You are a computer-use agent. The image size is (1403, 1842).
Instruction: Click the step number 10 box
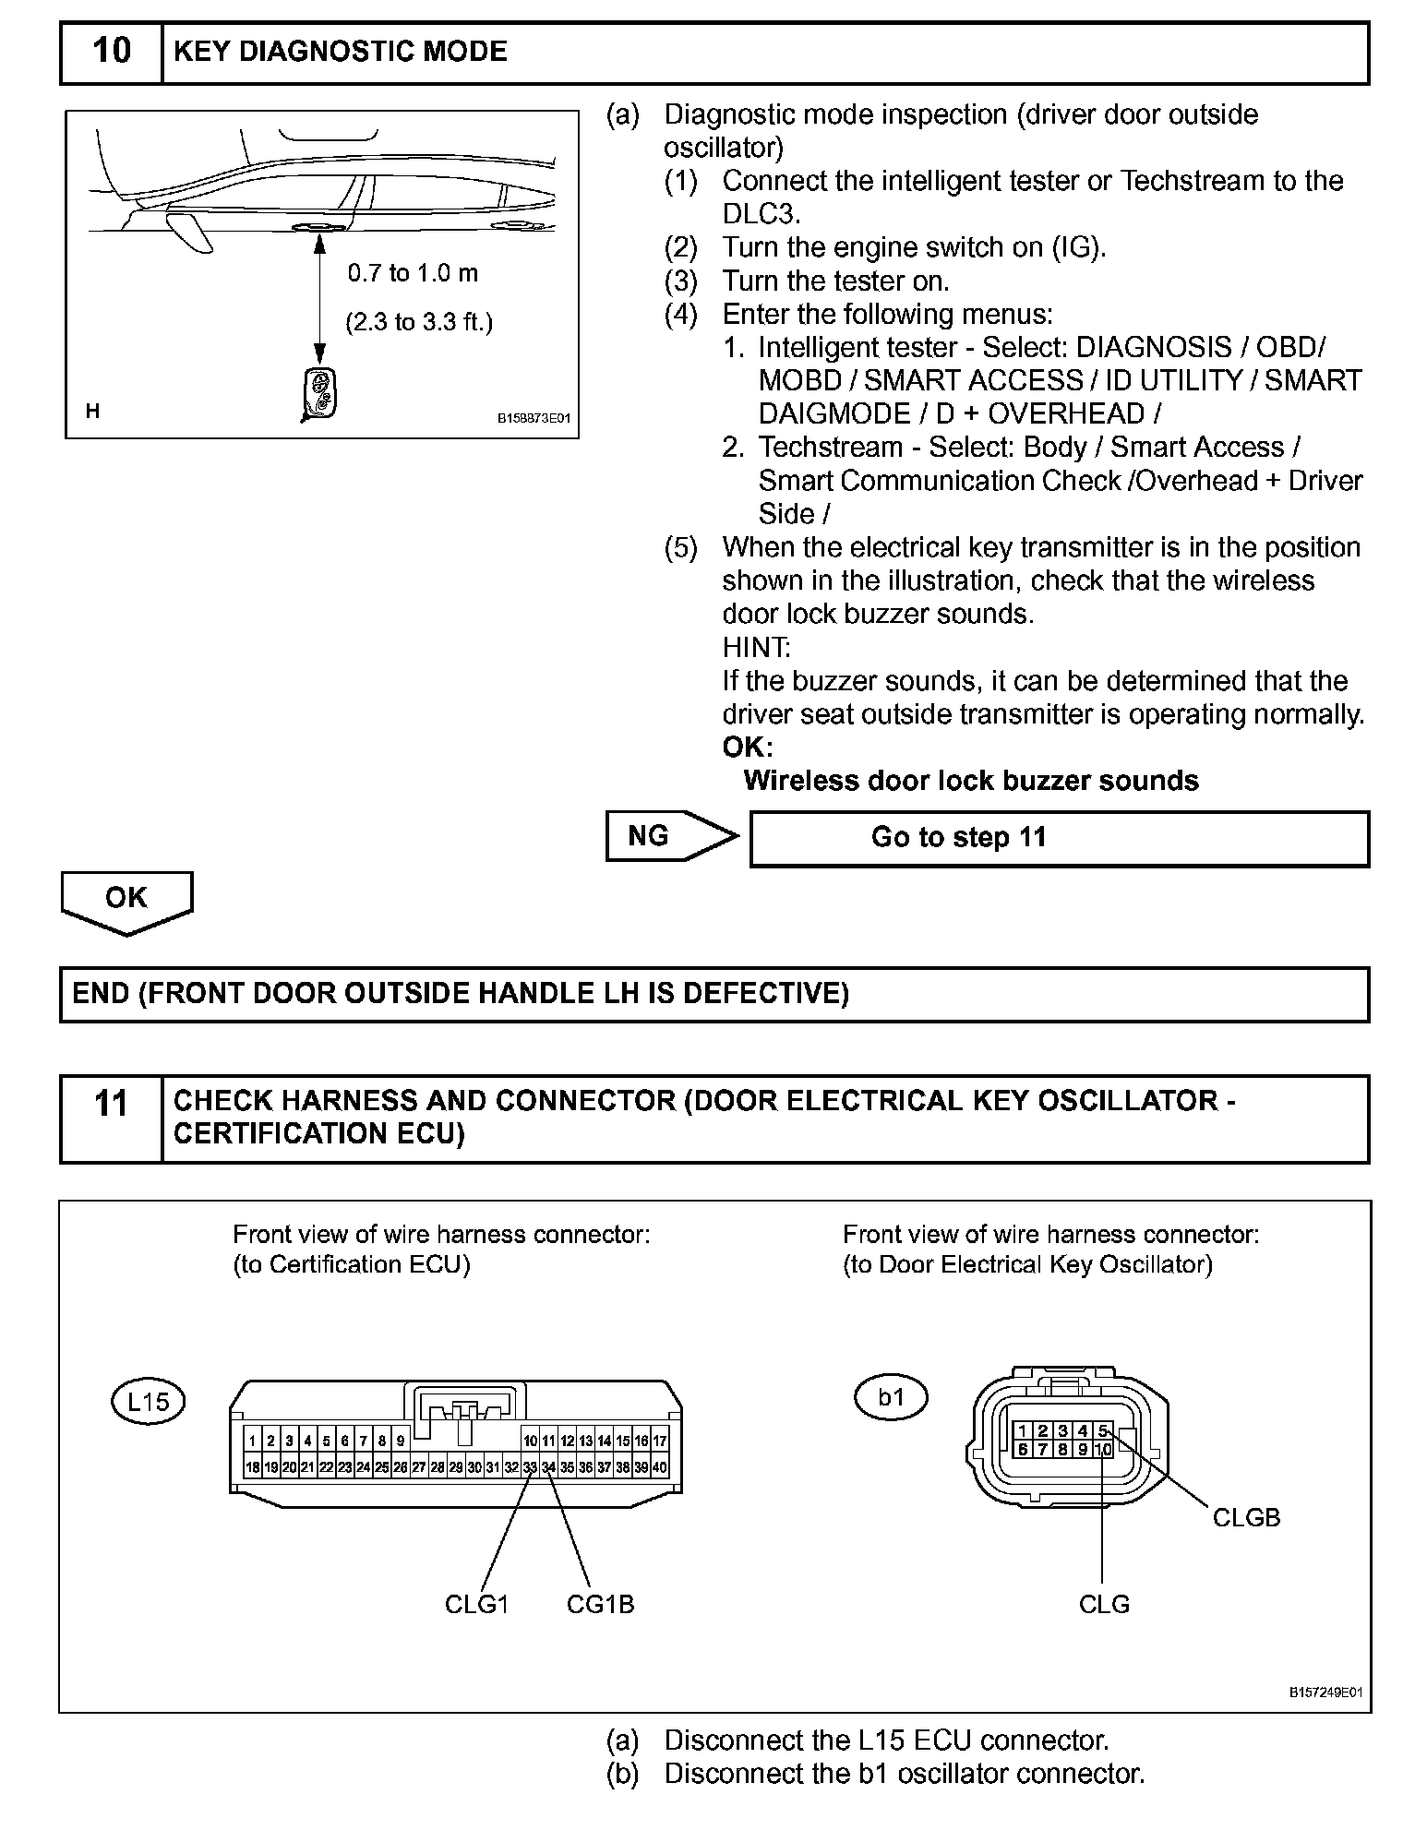pyautogui.click(x=111, y=52)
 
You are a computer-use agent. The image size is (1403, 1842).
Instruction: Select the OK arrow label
pyautogui.click(x=126, y=898)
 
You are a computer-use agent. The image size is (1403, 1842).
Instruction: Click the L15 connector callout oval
pyautogui.click(x=148, y=1402)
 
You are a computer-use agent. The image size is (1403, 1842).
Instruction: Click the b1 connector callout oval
pyautogui.click(x=890, y=1397)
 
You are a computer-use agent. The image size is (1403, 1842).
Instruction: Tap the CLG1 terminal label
pyautogui.click(x=476, y=1604)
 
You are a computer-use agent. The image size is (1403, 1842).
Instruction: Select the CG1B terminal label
pyautogui.click(x=600, y=1604)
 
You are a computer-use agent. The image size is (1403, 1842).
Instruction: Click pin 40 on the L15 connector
pyautogui.click(x=660, y=1467)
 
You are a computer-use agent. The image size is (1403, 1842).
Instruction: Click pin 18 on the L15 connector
pyautogui.click(x=252, y=1467)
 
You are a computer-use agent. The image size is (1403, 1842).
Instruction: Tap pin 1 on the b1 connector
pyautogui.click(x=1023, y=1431)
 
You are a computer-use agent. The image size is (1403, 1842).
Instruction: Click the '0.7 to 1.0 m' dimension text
pyautogui.click(x=413, y=273)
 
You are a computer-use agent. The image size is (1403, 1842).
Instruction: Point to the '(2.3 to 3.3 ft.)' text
pyautogui.click(x=419, y=322)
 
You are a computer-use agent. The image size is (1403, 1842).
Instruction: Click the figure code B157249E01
pyautogui.click(x=1325, y=1692)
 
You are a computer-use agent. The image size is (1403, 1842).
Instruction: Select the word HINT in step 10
pyautogui.click(x=756, y=647)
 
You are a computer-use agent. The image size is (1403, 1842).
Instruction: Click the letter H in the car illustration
pyautogui.click(x=92, y=412)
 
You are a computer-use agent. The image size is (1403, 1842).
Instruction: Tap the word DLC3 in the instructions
pyautogui.click(x=761, y=214)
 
